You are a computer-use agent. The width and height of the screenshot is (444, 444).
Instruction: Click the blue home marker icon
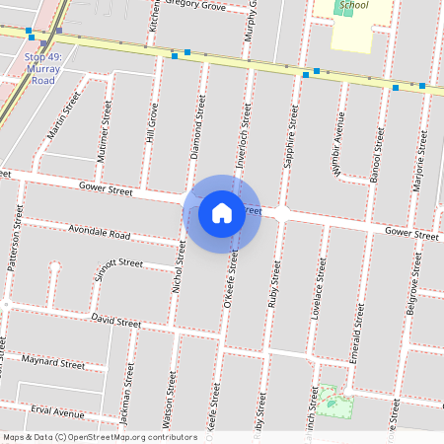222,213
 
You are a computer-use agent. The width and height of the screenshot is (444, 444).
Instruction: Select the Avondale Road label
100,234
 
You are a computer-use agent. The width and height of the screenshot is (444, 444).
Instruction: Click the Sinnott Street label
117,266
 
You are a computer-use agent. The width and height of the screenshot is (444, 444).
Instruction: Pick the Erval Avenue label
57,411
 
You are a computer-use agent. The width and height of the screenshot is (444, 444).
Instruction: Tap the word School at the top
352,5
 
